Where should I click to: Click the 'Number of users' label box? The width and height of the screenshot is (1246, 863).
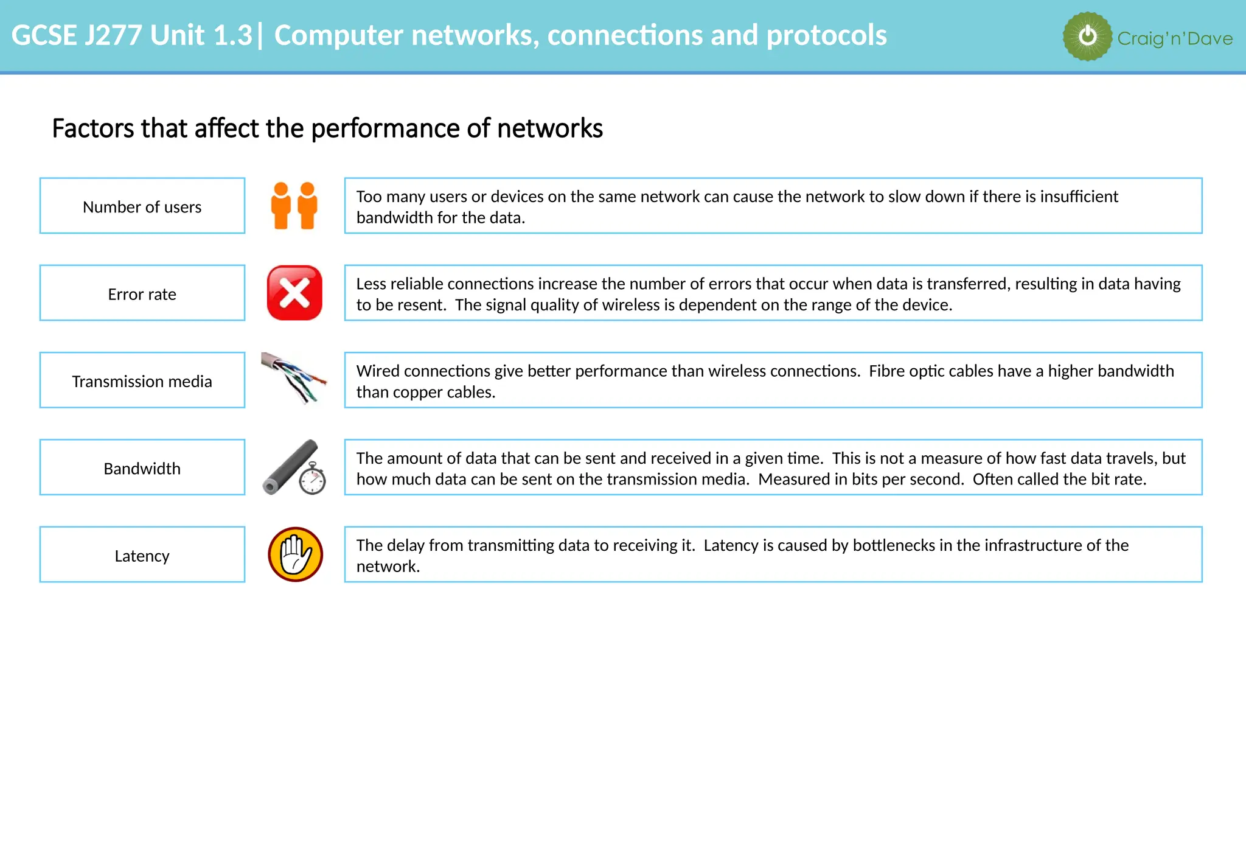tap(142, 206)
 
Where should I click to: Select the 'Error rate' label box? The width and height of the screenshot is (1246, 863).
tap(142, 293)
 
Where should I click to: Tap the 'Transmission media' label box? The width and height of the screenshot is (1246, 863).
tap(142, 380)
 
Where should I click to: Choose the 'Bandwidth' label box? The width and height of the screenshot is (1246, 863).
tap(142, 467)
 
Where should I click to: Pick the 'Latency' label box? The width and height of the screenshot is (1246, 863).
tap(142, 555)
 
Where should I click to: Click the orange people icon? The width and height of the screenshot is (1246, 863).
tap(294, 206)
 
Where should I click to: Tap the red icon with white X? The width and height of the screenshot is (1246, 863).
tap(294, 293)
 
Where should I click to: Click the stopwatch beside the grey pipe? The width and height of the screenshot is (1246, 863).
tap(313, 479)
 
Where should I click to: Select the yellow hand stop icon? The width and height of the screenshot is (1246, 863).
tap(295, 554)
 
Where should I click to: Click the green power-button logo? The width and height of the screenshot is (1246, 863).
tap(1087, 37)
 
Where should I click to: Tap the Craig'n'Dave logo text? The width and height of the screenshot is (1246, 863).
tap(1175, 38)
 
